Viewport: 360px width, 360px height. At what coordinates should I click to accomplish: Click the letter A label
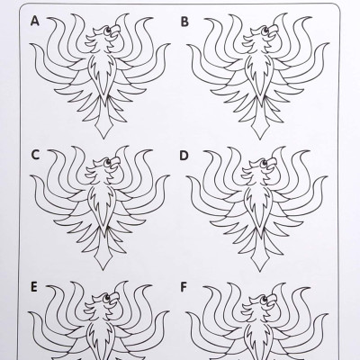(x=35, y=22)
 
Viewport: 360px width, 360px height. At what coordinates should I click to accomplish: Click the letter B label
(x=184, y=22)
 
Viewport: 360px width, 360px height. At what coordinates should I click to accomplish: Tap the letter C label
(x=35, y=155)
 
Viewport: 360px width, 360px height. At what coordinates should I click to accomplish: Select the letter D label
(x=184, y=156)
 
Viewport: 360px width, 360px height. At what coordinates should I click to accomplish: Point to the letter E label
(x=34, y=287)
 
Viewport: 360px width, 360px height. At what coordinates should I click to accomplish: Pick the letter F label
(x=184, y=287)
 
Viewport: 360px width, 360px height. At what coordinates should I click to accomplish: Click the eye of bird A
(x=107, y=30)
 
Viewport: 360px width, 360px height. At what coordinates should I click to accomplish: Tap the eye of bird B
(x=265, y=30)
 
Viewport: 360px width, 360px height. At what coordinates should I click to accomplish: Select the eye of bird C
(x=107, y=163)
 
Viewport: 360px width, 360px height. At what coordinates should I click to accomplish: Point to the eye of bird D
(x=265, y=164)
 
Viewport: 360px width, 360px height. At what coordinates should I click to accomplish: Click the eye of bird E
(x=106, y=298)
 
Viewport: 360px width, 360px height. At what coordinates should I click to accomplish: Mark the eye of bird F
(x=264, y=299)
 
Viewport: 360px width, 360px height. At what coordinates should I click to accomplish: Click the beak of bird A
(x=114, y=31)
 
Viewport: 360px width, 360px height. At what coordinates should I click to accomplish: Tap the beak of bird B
(x=273, y=31)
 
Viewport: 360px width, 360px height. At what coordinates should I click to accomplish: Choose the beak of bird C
(x=114, y=164)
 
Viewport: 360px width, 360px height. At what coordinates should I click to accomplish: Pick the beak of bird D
(x=272, y=165)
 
